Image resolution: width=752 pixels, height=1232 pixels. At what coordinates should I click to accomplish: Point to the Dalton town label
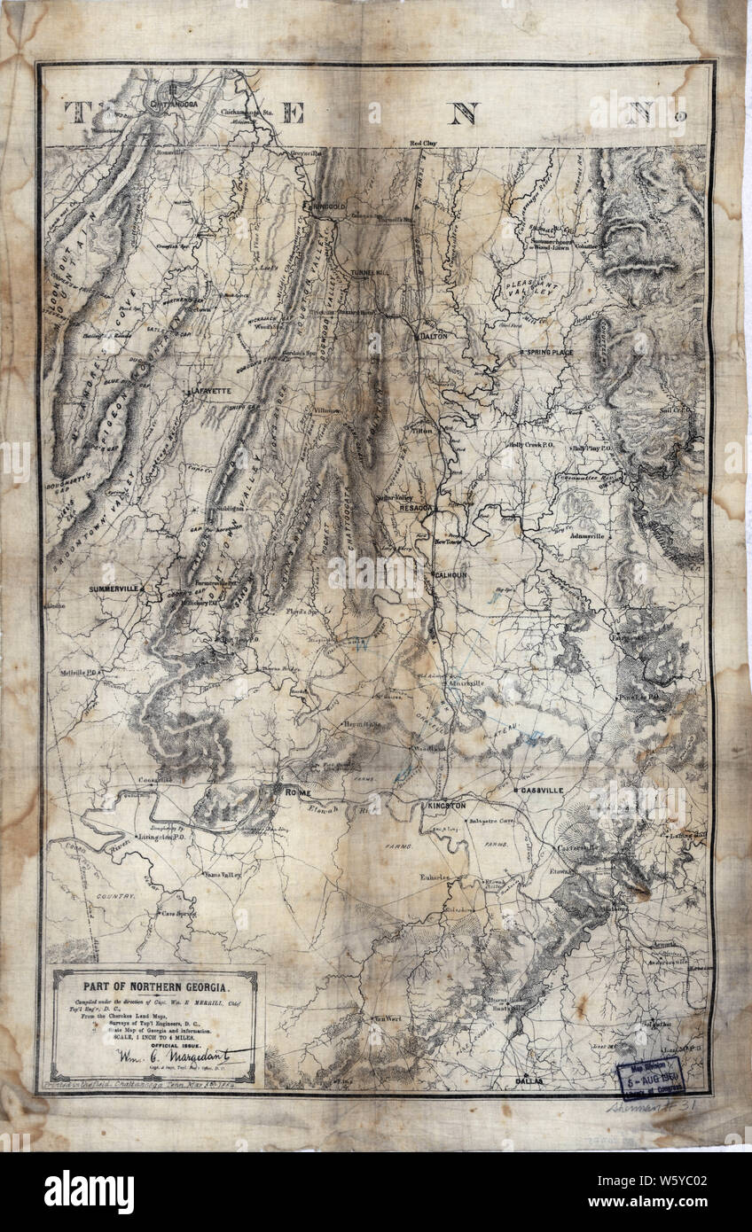(x=435, y=337)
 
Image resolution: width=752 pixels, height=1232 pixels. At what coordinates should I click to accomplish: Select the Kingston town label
(x=445, y=804)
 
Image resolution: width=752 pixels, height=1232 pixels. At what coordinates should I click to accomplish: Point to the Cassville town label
(x=550, y=790)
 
